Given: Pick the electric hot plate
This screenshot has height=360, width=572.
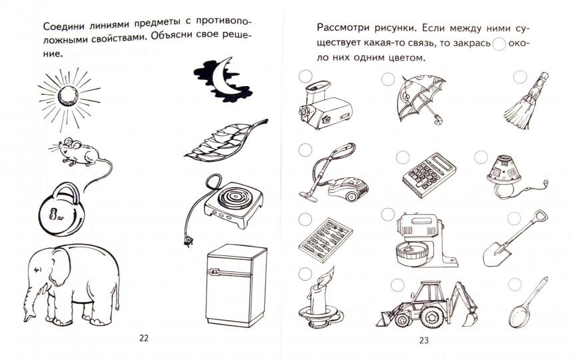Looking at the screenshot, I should click(x=227, y=199).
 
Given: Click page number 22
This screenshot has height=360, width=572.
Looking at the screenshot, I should click(x=144, y=337).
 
